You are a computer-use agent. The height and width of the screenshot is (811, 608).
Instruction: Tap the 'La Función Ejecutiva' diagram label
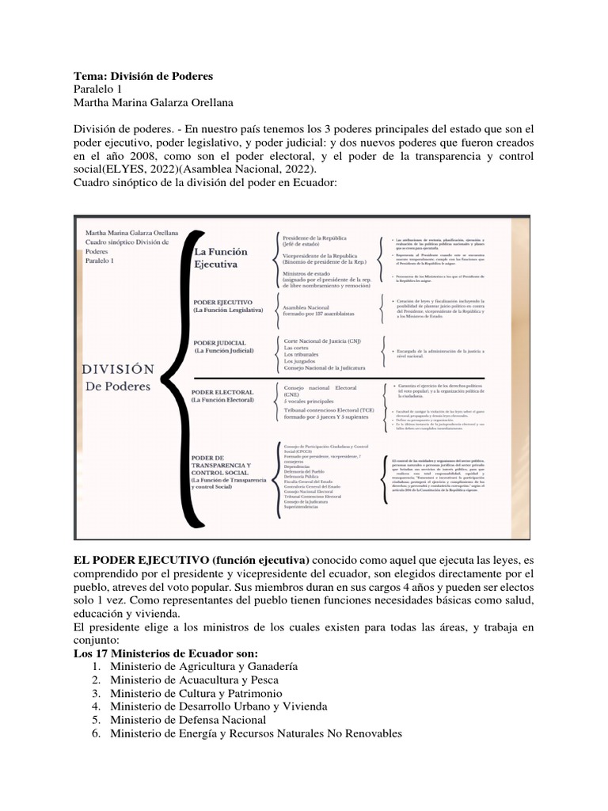221,259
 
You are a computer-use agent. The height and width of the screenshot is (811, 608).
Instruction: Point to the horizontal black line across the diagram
356,377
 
